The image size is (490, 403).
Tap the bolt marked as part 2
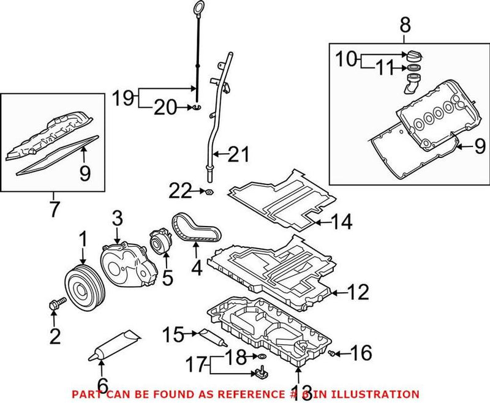pyautogui.click(x=54, y=303)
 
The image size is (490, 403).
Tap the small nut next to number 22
pyautogui.click(x=207, y=192)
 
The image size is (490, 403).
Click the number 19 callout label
pyautogui.click(x=122, y=97)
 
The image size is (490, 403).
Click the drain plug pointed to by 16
pyautogui.click(x=331, y=353)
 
